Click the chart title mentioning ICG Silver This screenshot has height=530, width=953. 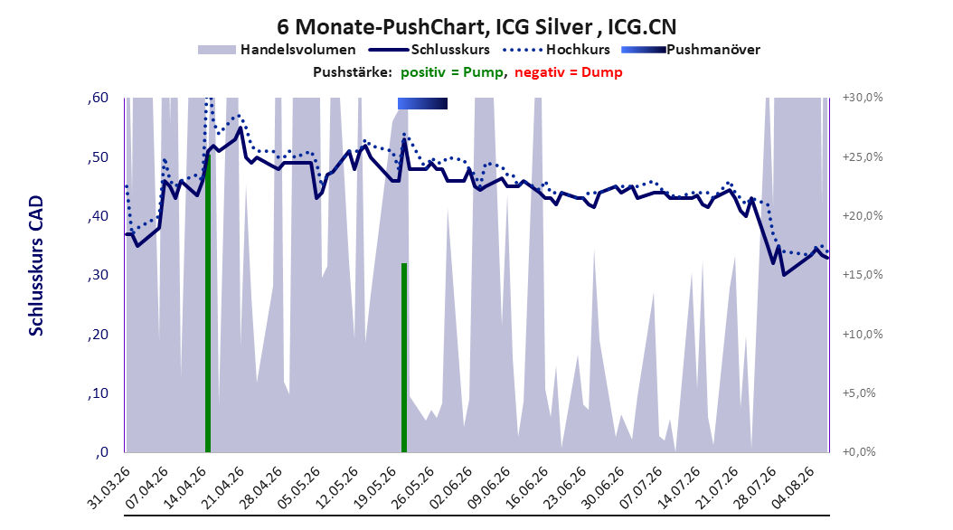point(476,27)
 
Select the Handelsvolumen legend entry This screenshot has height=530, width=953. point(278,50)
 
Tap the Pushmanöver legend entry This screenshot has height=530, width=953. point(691,50)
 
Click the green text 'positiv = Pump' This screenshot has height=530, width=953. point(452,72)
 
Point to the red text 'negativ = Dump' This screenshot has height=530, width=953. point(569,72)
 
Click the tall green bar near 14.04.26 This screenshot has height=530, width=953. point(208,303)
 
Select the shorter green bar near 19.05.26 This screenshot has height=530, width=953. point(403,357)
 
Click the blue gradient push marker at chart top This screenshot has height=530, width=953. point(422,104)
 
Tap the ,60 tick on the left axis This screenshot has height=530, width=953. point(98,98)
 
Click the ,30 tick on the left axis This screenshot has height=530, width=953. point(98,275)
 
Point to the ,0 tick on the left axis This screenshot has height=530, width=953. point(101,452)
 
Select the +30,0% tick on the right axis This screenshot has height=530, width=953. point(863,98)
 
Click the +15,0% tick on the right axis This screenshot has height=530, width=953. point(863,275)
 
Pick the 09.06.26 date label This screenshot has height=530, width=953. point(489,487)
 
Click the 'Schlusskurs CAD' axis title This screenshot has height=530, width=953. point(36,266)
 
